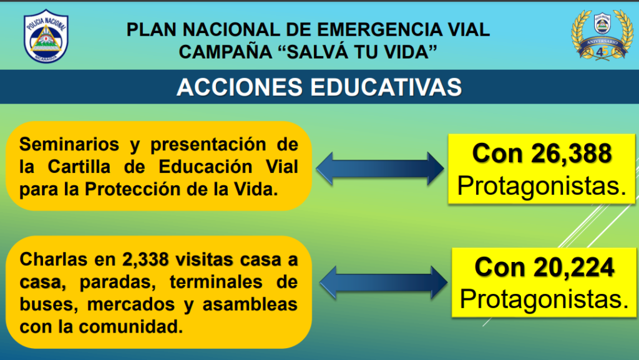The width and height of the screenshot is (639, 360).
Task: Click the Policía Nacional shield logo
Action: pos(46,36)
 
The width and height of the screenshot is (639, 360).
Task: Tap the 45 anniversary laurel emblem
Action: pos(602,35)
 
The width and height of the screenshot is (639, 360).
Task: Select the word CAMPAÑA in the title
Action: pos(225,52)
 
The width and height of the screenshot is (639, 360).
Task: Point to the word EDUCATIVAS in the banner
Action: pos(386,87)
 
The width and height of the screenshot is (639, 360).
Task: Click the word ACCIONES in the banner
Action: pos(240,87)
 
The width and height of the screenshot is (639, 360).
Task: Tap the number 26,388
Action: pos(571,154)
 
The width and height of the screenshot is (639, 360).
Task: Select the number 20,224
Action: pos(573,268)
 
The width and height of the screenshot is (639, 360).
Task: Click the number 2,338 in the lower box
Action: pos(145,260)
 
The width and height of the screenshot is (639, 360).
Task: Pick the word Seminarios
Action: pos(69,144)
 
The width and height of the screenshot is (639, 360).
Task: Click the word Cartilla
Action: pos(79,167)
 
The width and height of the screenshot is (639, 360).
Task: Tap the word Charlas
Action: pos(54,260)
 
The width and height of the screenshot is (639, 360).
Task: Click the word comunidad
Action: pos(130,326)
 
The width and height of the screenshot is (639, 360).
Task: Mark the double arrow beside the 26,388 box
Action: pos(380,168)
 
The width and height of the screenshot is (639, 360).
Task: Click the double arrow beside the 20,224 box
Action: pos(384,282)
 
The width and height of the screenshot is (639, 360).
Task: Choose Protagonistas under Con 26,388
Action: pos(541,186)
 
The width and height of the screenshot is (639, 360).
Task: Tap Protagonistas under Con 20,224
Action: pos(544,299)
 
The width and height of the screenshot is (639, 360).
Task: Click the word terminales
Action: pos(216,282)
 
